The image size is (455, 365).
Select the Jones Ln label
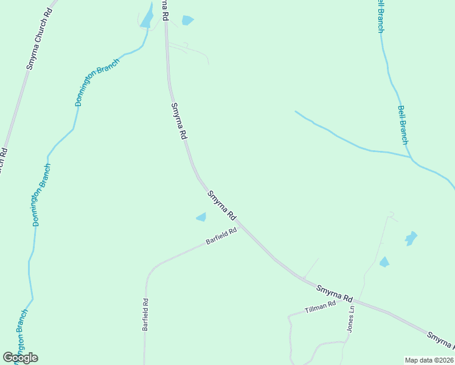coord(351,319)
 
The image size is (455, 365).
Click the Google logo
coord(20,357)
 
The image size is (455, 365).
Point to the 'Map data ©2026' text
coord(429,360)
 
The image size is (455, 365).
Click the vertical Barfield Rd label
coord(145,314)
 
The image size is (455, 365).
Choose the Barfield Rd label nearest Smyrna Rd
coord(220,235)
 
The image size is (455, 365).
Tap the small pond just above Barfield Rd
coord(201,217)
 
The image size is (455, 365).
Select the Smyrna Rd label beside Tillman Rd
coord(335,293)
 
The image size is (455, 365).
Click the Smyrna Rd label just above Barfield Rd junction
coord(221,206)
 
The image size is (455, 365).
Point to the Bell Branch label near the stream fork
coord(403,125)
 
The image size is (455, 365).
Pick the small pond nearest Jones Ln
coord(384,262)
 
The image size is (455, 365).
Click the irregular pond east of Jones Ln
coord(411,238)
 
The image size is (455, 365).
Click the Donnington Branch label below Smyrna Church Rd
coord(42,195)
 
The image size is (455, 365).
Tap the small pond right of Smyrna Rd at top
coord(187,20)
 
